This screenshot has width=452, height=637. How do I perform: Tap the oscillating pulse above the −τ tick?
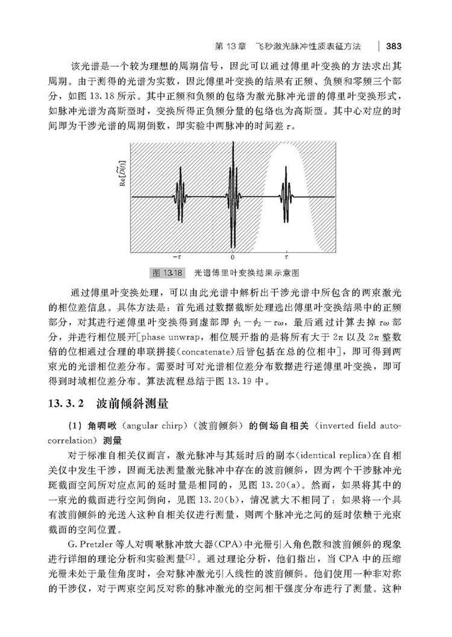(x=180, y=196)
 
